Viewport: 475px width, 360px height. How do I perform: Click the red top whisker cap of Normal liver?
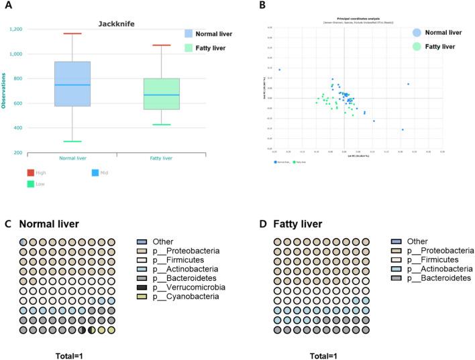[72, 34]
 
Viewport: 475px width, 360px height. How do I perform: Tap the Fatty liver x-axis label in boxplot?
[161, 158]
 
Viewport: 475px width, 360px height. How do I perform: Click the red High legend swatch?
[31, 172]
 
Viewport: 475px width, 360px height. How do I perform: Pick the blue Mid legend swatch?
[95, 172]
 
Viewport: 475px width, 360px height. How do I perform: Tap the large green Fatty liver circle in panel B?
[417, 46]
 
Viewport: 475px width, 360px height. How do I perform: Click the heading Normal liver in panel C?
[49, 223]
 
